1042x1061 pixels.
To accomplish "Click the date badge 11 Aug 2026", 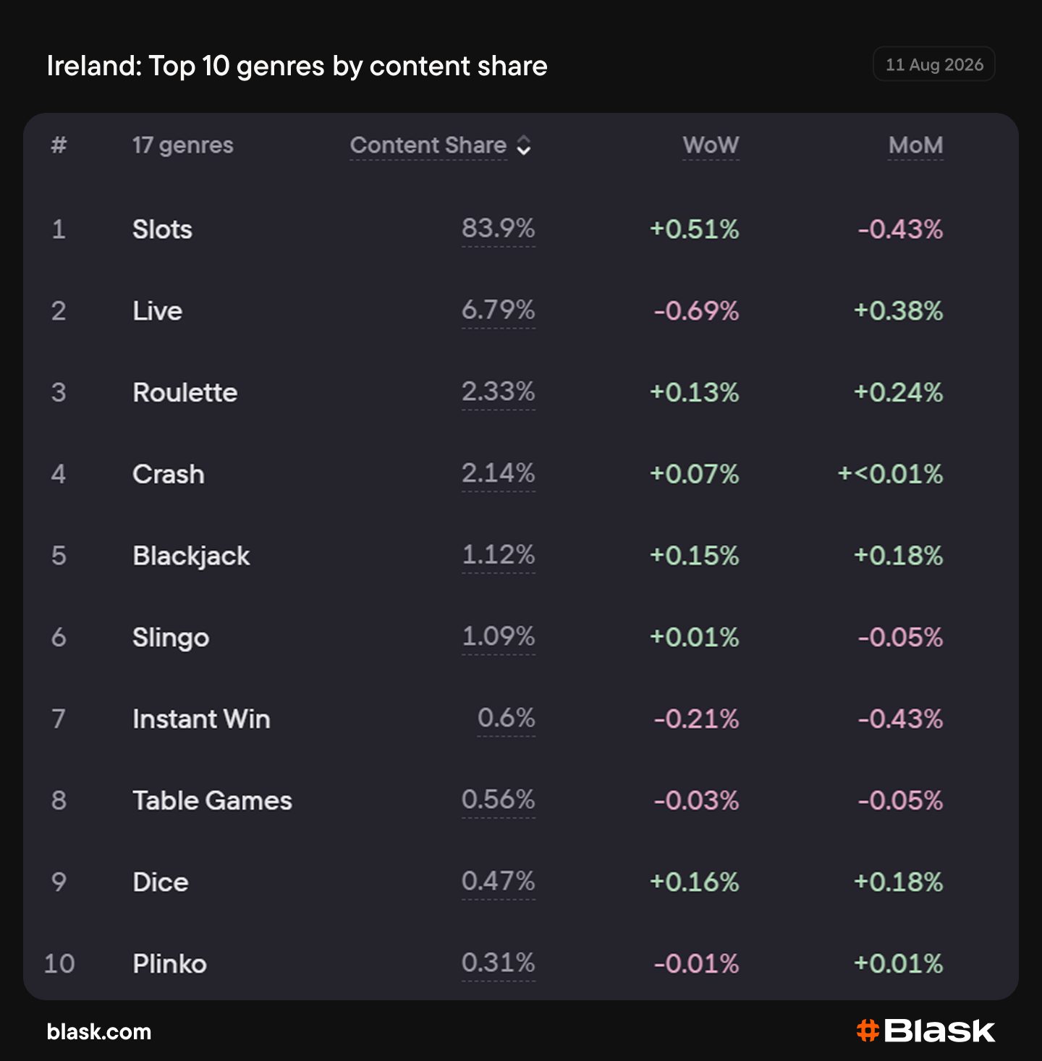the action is [934, 64].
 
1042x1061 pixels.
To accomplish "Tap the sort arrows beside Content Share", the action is [524, 145].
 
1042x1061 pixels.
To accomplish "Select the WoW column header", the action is [711, 145].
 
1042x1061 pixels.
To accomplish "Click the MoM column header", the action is [915, 145].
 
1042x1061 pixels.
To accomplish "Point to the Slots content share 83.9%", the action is [498, 228].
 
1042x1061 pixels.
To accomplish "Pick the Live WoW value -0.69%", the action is [696, 310].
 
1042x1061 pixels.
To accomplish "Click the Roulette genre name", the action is [185, 392].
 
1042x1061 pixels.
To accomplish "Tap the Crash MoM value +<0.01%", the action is [890, 474].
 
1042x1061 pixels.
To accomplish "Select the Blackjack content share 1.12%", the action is [498, 554].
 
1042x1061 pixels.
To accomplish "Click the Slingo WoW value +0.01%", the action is [694, 637].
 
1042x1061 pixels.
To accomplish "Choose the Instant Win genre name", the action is [202, 719].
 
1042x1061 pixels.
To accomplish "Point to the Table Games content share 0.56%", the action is [498, 800].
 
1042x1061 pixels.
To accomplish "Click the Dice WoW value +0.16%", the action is [694, 882].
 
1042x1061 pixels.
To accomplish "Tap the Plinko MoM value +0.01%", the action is [898, 963].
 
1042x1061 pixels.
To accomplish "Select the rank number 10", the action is [59, 963].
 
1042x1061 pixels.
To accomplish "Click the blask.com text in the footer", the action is [99, 1032].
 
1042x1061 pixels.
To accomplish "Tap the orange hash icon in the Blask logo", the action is [868, 1031].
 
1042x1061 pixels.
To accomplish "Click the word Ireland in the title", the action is [94, 66].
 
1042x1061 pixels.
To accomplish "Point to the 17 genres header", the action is [183, 145].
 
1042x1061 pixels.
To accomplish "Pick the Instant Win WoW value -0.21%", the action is [696, 719].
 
